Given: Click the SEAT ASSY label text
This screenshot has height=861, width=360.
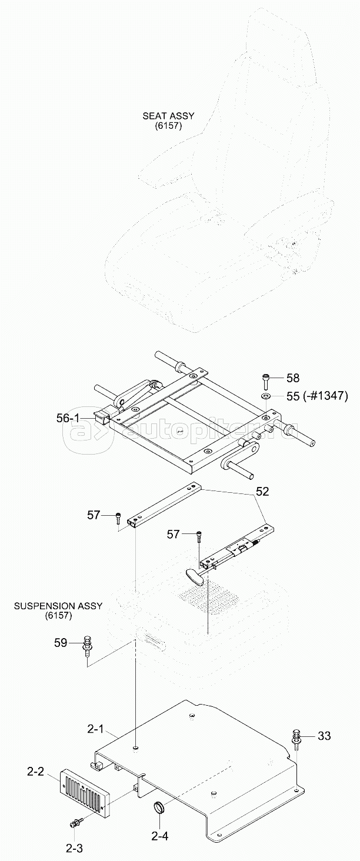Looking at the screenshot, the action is (168, 116).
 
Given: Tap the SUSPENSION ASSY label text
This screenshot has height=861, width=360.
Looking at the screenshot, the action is (58, 606).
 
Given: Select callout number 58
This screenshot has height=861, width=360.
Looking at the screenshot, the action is (293, 378).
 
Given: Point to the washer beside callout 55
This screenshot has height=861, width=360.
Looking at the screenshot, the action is (266, 396).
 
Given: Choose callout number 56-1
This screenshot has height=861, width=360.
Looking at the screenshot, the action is (68, 418).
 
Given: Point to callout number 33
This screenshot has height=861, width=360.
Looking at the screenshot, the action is (324, 736).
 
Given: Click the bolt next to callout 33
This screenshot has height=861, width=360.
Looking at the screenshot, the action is (296, 739).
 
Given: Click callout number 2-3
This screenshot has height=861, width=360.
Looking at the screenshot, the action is (74, 847).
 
